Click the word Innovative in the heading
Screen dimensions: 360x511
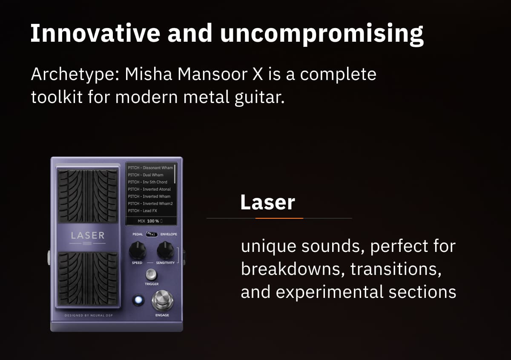95,33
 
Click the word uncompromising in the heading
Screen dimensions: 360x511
322,33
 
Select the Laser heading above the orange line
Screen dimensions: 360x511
267,202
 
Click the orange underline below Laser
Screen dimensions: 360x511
279,218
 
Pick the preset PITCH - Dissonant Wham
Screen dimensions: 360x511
150,168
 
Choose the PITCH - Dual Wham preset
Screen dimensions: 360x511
146,175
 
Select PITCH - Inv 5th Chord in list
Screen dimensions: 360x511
148,182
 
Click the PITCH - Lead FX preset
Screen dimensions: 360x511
143,211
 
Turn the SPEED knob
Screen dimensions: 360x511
137,250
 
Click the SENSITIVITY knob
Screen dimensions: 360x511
165,250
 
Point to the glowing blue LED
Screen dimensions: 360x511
137,300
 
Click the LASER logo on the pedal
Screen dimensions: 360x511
88,235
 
